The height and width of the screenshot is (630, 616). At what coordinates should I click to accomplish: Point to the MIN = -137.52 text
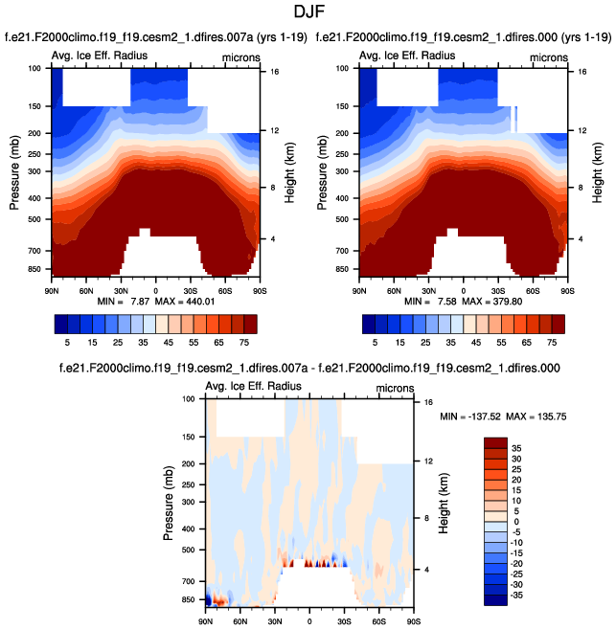tap(477, 418)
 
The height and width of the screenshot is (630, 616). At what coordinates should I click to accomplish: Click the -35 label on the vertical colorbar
tap(518, 595)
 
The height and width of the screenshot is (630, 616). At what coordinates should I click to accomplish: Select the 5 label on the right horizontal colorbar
tap(376, 340)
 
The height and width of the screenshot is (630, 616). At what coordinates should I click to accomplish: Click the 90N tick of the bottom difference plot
tap(205, 621)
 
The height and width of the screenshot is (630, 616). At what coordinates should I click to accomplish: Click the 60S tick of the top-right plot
tap(533, 288)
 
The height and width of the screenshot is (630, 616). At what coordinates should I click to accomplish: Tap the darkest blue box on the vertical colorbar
tap(495, 600)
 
